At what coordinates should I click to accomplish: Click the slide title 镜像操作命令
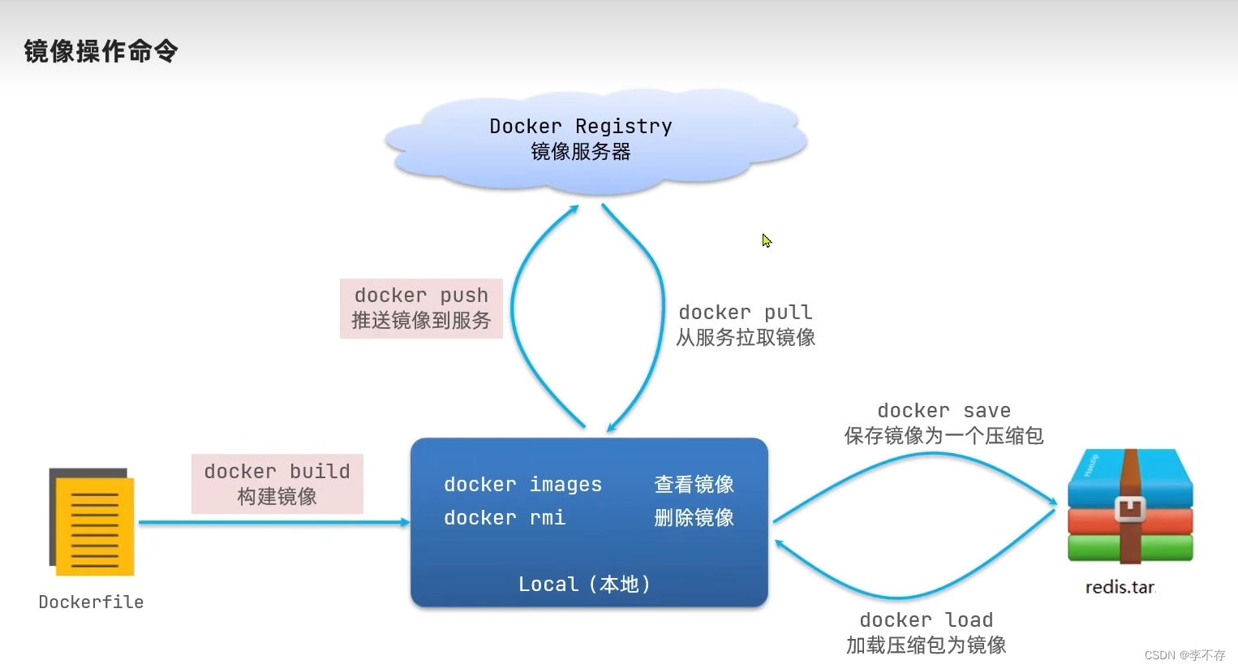pyautogui.click(x=101, y=51)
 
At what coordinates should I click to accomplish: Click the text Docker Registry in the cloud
pyautogui.click(x=581, y=127)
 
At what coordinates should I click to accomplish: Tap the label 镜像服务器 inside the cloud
pyautogui.click(x=581, y=152)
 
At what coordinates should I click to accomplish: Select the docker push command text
pyautogui.click(x=421, y=296)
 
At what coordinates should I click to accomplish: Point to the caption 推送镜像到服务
pyautogui.click(x=421, y=321)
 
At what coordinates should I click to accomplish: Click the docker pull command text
pyautogui.click(x=745, y=313)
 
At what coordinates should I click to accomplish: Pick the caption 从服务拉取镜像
pyautogui.click(x=745, y=338)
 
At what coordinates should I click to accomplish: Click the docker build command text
pyautogui.click(x=277, y=472)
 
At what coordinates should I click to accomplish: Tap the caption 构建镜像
pyautogui.click(x=277, y=497)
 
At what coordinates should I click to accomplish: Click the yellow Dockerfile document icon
pyautogui.click(x=92, y=522)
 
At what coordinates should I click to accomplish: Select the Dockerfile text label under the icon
pyautogui.click(x=91, y=602)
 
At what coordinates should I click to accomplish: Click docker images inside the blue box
pyautogui.click(x=522, y=485)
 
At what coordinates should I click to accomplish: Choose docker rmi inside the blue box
pyautogui.click(x=504, y=518)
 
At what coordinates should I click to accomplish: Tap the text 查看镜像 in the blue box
pyautogui.click(x=694, y=485)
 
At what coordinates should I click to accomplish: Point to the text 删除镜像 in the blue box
pyautogui.click(x=694, y=518)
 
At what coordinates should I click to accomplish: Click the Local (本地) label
pyautogui.click(x=584, y=585)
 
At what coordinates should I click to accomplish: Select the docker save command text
pyautogui.click(x=944, y=411)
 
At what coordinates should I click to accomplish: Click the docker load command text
pyautogui.click(x=926, y=620)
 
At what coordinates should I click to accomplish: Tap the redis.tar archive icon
pyautogui.click(x=1130, y=507)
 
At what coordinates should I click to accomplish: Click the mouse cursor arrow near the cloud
pyautogui.click(x=766, y=240)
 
